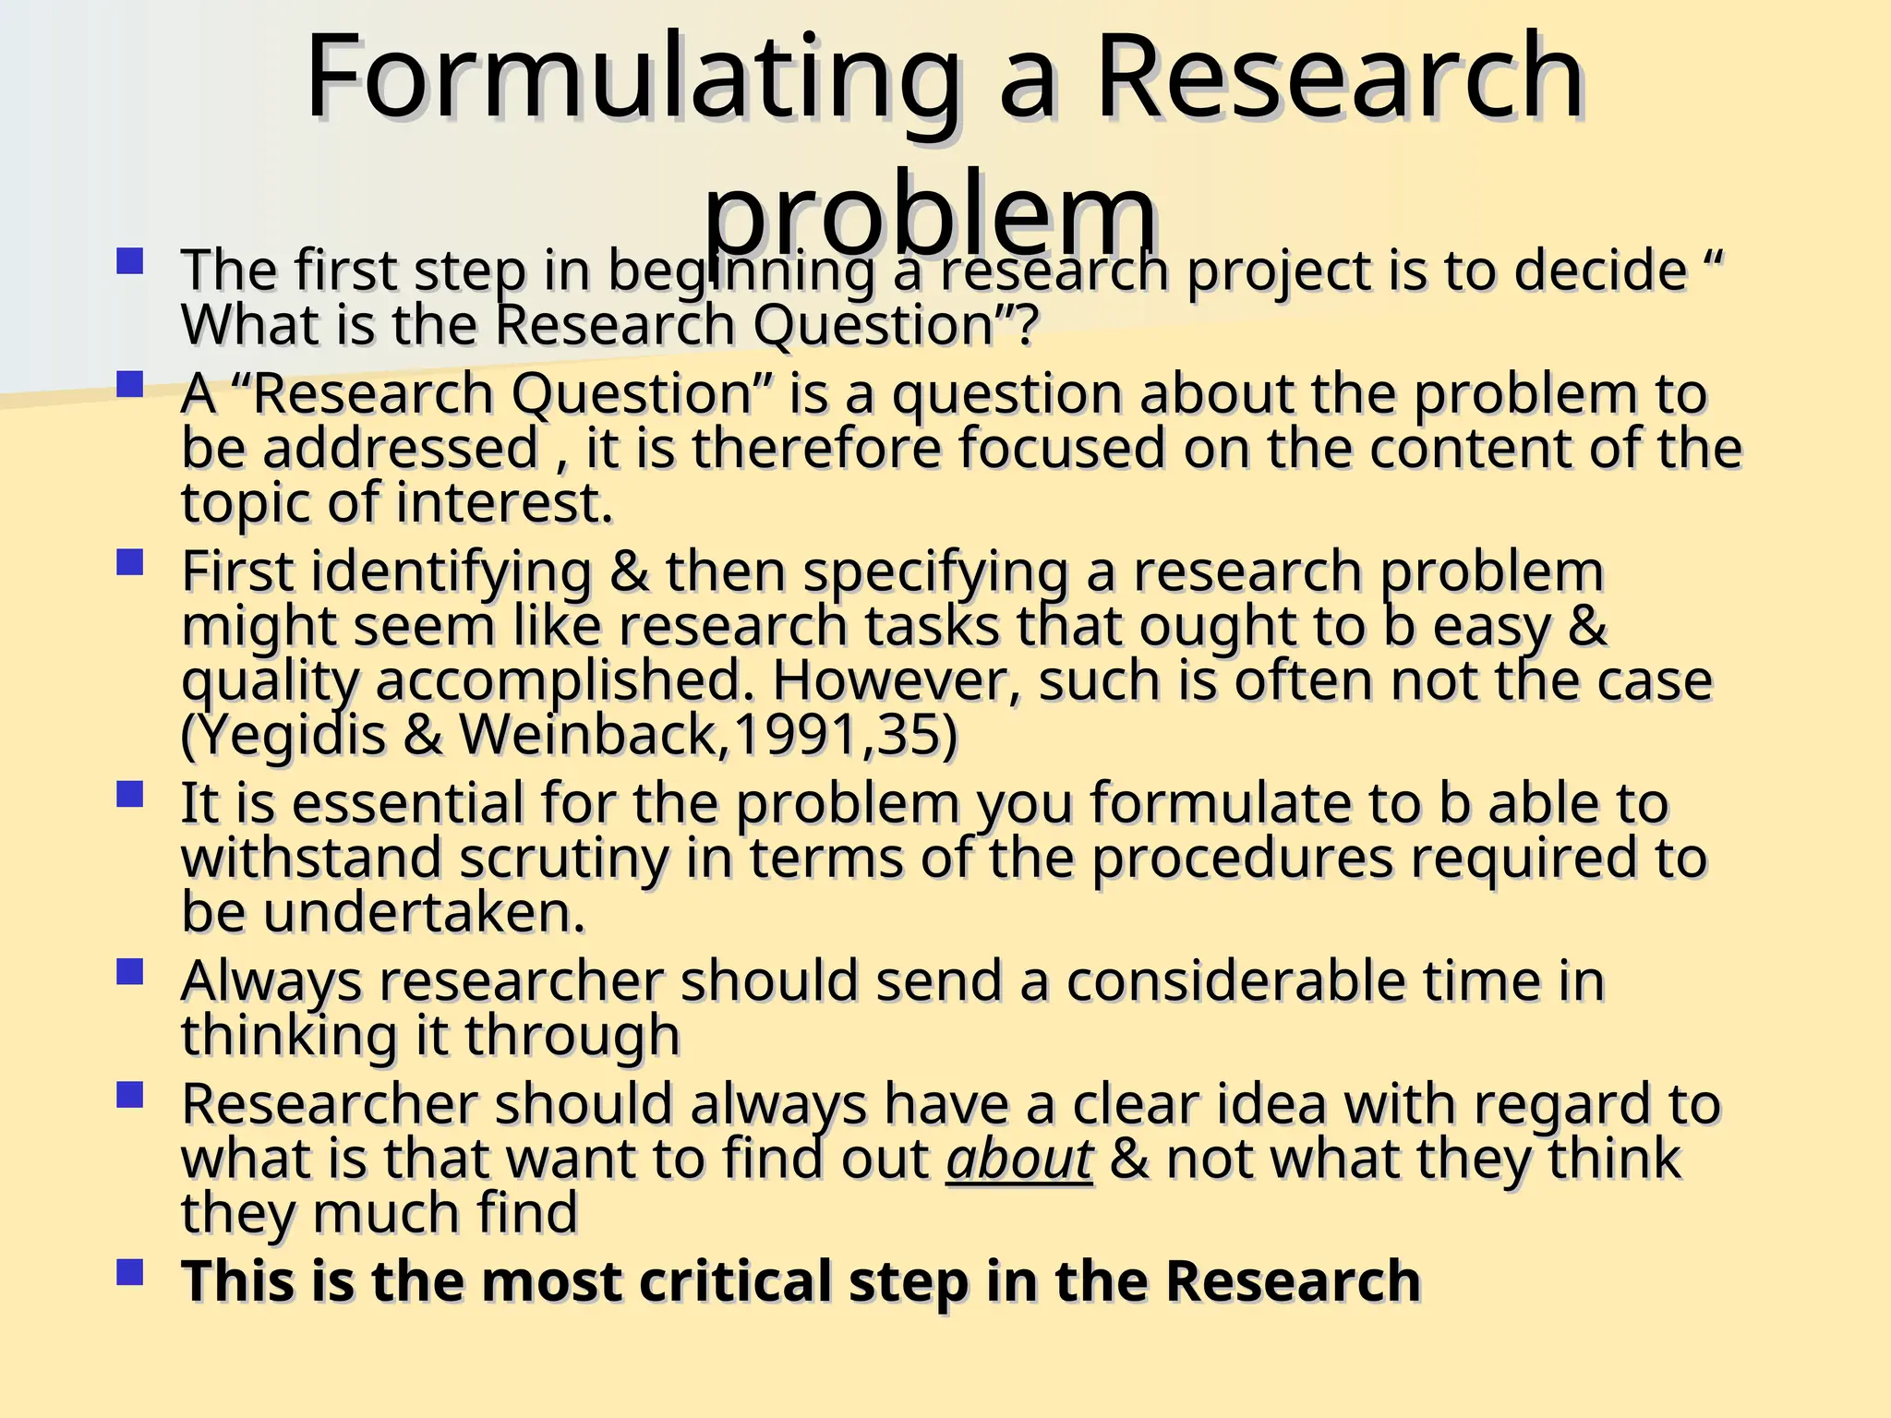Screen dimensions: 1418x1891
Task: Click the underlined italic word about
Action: coord(1018,1159)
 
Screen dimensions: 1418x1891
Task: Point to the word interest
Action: coord(504,504)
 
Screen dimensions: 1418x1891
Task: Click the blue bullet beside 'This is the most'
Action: coord(130,1273)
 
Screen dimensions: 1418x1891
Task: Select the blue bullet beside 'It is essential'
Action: coord(130,795)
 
